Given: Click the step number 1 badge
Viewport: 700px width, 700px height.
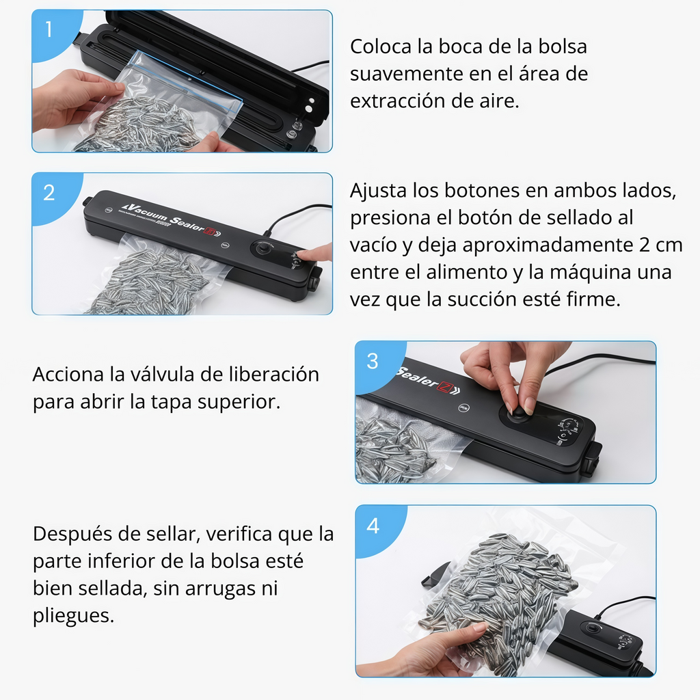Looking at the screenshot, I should pyautogui.click(x=49, y=30).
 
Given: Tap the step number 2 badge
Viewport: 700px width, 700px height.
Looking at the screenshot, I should pyautogui.click(x=49, y=193).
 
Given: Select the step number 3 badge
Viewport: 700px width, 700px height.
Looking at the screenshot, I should pyautogui.click(x=373, y=362).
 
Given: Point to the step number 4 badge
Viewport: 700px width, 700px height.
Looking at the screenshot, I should pyautogui.click(x=373, y=526).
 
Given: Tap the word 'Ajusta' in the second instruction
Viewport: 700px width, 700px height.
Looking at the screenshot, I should pyautogui.click(x=377, y=190).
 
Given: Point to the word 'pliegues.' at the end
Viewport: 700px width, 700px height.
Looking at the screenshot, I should pyautogui.click(x=73, y=615).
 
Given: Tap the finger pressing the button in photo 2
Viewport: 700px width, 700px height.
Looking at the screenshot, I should pyautogui.click(x=316, y=254).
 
